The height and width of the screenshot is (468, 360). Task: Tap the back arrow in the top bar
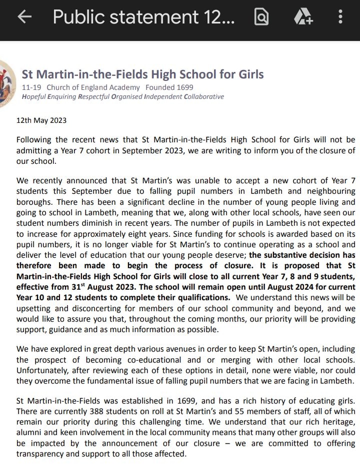point(24,17)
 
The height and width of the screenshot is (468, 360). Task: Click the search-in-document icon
point(261,17)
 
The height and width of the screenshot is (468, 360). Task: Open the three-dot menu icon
point(340,17)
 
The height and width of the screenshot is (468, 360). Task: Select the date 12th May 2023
point(41,120)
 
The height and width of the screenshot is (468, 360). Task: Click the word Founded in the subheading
point(161,87)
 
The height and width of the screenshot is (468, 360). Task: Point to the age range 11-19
point(31,87)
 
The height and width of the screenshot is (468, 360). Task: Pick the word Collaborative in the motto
point(204,97)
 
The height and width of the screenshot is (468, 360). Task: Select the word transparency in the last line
point(42,454)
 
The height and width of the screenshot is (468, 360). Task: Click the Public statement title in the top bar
point(143,17)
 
